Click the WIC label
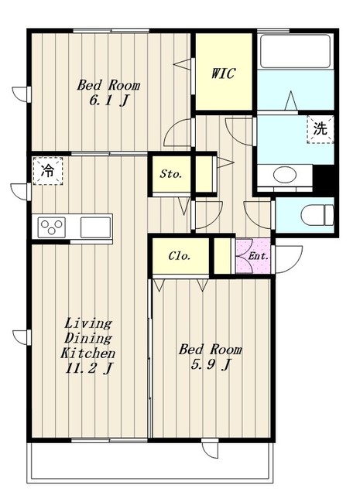223,73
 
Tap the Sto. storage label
171,173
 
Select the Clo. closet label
180,256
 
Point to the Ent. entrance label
259,256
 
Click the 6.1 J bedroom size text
108,101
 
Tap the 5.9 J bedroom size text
210,365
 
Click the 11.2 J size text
88,368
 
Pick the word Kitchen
87,353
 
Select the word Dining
88,338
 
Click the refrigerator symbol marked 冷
48,171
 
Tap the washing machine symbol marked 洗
321,129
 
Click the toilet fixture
317,215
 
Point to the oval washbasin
285,175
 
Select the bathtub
295,51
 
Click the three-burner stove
52,227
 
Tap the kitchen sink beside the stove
95,227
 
